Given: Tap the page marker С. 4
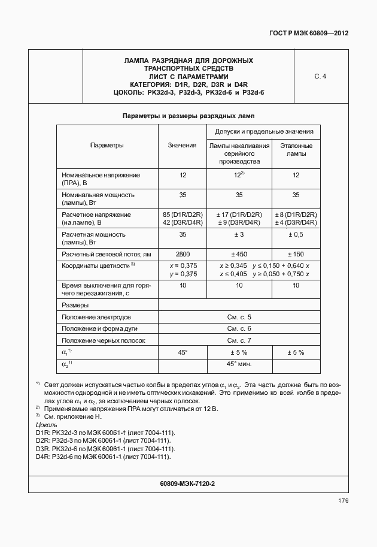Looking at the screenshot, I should pyautogui.click(x=320, y=77).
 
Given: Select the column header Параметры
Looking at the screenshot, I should pyautogui.click(x=107, y=146).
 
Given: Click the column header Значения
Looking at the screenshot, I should pyautogui.click(x=182, y=146).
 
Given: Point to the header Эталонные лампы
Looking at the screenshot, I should pyautogui.click(x=296, y=149).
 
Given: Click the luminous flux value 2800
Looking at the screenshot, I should pyautogui.click(x=182, y=255).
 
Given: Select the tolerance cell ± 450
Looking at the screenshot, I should pyautogui.click(x=239, y=255).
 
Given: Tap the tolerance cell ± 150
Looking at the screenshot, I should pyautogui.click(x=296, y=255).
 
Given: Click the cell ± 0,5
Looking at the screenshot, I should pyautogui.click(x=296, y=234).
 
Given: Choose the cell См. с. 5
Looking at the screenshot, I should pyautogui.click(x=239, y=316).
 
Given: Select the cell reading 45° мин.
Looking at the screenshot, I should pyautogui.click(x=239, y=364).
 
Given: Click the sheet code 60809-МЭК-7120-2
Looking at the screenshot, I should pyautogui.click(x=188, y=483).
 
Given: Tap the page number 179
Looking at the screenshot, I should pyautogui.click(x=342, y=500).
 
